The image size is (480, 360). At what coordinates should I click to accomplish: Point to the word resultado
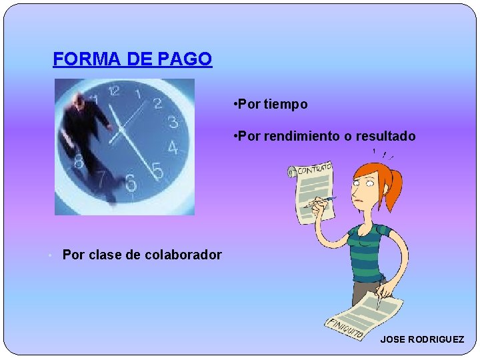[385, 136]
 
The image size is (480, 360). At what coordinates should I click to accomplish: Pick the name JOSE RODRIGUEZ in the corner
[422, 339]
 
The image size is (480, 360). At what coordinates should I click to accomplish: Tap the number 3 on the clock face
[173, 122]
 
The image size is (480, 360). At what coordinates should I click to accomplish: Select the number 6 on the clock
[131, 181]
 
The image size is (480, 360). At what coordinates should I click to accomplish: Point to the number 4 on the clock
[173, 148]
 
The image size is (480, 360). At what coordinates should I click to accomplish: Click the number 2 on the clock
[158, 103]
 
